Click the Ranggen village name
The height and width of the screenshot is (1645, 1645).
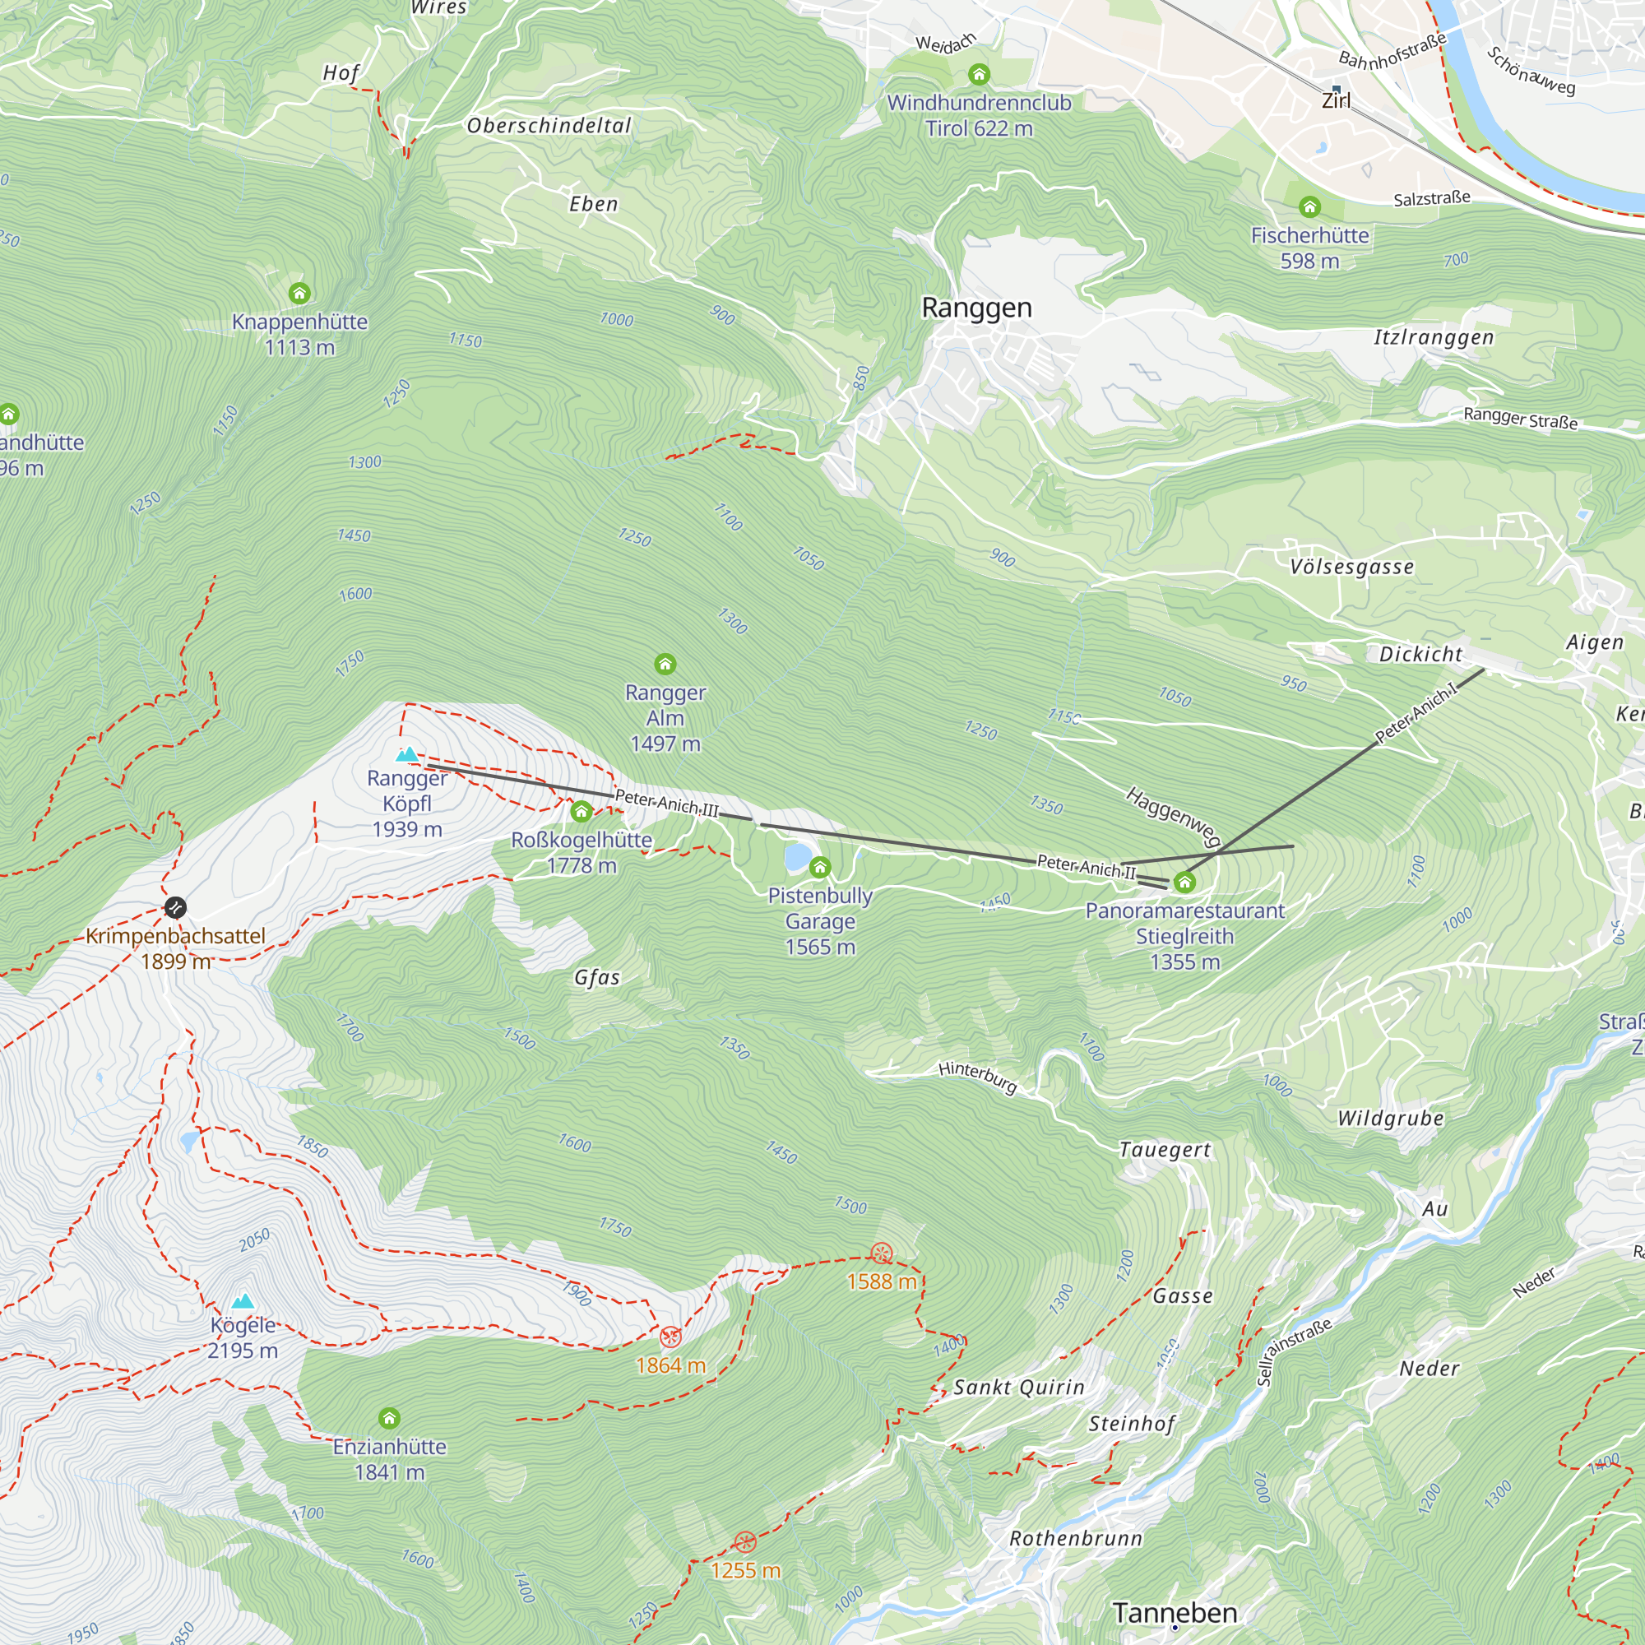point(976,308)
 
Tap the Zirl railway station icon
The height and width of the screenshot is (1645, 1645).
point(1336,89)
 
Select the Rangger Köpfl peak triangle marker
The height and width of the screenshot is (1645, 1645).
point(408,753)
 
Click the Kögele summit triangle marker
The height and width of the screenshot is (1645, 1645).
point(243,1301)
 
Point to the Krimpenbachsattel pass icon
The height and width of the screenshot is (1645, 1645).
point(174,908)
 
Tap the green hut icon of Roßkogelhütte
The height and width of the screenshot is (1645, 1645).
point(582,812)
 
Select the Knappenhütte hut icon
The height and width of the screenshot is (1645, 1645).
point(299,294)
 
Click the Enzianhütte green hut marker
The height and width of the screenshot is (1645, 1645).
point(389,1419)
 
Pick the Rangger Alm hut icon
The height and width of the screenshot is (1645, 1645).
point(665,664)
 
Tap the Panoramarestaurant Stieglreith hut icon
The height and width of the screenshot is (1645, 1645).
point(1184,882)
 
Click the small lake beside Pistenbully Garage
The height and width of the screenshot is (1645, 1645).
point(797,856)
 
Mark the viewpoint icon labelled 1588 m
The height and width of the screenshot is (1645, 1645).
point(881,1253)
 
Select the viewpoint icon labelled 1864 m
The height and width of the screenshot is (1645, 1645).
point(671,1337)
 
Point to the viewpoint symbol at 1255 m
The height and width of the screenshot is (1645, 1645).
point(745,1542)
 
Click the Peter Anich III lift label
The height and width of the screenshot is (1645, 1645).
point(667,803)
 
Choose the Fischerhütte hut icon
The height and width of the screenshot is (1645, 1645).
point(1309,207)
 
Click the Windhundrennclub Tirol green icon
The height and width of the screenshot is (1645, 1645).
point(979,75)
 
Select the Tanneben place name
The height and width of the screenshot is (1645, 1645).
point(1175,1612)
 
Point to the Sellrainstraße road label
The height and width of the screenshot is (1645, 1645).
point(1294,1352)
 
